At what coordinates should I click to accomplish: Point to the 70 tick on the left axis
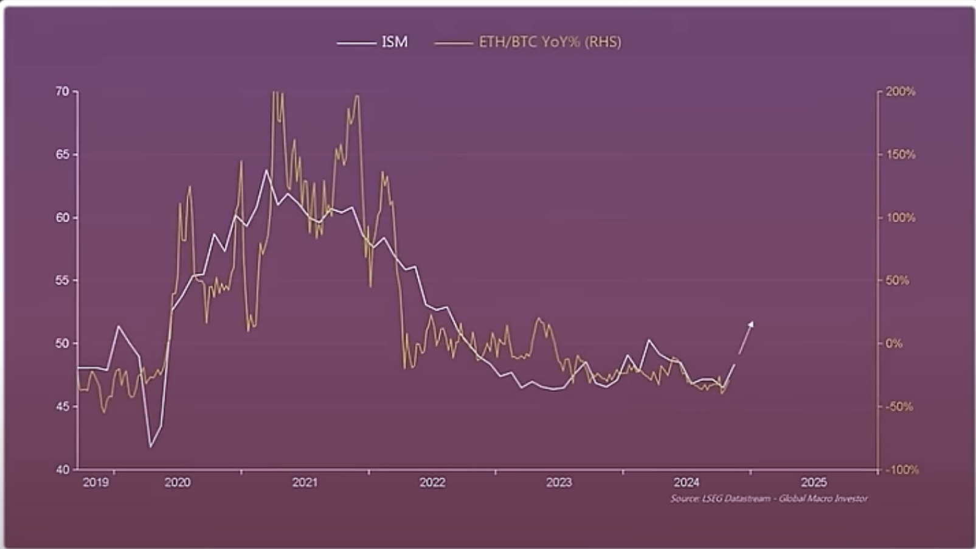coord(63,91)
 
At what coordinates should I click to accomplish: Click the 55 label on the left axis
coord(63,281)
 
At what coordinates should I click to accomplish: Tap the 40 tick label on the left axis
coord(63,470)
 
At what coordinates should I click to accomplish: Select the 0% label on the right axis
coord(894,344)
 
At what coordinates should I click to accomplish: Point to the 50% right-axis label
coord(897,281)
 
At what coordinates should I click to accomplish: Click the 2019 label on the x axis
coord(95,483)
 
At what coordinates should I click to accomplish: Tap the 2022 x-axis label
coord(432,483)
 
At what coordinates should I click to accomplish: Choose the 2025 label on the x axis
coord(814,483)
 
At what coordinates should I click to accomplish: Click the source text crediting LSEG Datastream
coord(769,498)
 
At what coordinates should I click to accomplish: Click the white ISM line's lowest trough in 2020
coord(150,447)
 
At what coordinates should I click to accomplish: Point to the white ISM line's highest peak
coord(266,170)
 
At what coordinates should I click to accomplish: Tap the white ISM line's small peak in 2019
coord(118,326)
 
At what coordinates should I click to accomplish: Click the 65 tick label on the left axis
coord(63,155)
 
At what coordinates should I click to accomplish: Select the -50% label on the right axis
coord(898,407)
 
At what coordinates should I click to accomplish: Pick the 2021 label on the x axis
coord(305,483)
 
